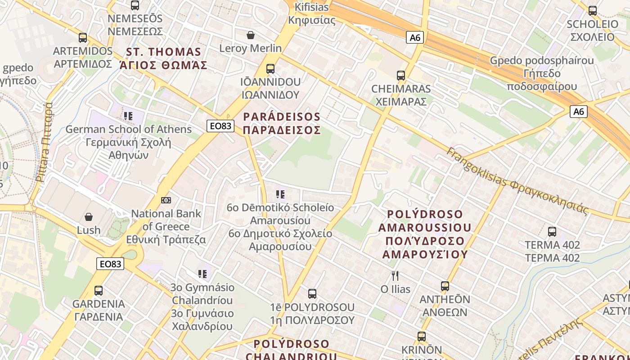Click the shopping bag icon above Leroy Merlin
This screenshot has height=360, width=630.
click(x=251, y=35)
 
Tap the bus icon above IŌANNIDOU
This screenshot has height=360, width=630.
click(x=270, y=69)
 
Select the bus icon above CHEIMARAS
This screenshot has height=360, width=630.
click(x=400, y=76)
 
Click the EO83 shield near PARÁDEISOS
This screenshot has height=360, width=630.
click(x=220, y=126)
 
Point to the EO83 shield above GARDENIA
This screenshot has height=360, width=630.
click(x=110, y=264)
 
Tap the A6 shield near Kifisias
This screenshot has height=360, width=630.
click(x=415, y=37)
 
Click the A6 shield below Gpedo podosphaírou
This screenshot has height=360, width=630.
click(x=579, y=112)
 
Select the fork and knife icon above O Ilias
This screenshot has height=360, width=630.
click(x=395, y=275)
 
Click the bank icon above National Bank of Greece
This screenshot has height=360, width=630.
click(x=166, y=200)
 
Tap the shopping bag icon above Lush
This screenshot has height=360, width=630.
click(x=89, y=217)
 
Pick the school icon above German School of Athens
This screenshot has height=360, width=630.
click(x=128, y=116)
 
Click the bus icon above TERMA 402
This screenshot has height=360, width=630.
click(x=552, y=232)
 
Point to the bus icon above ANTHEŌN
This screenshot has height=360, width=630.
click(x=445, y=286)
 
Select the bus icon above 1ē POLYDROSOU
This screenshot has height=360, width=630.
click(x=312, y=294)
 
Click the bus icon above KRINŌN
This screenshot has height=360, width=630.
click(x=422, y=337)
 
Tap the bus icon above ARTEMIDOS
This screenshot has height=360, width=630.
click(x=83, y=38)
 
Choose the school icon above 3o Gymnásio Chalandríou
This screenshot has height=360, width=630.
click(x=202, y=274)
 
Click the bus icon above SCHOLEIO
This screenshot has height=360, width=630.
click(x=593, y=11)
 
